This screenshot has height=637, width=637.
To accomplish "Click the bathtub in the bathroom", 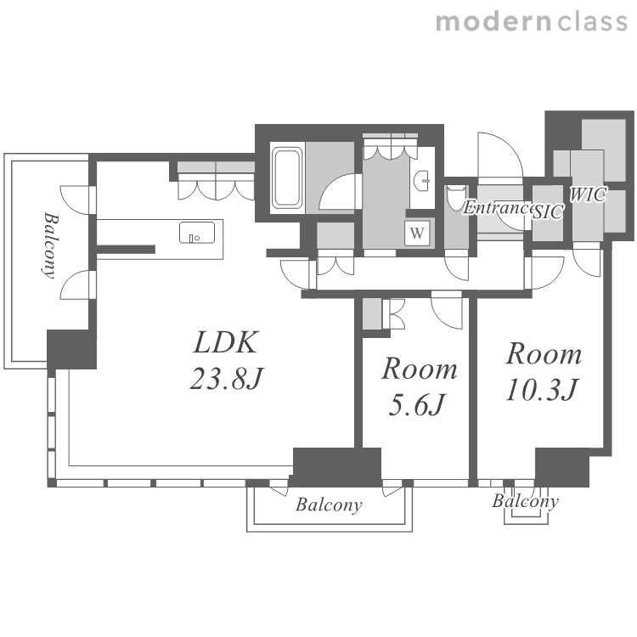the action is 287,178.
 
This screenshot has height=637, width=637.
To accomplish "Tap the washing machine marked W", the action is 416,234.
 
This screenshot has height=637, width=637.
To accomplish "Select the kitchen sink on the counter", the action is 197,233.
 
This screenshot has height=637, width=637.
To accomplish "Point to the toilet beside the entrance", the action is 456,198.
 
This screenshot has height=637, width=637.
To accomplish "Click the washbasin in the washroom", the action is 422,179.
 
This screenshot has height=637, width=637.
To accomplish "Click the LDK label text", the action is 225,342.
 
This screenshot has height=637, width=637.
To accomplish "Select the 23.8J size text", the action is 227,378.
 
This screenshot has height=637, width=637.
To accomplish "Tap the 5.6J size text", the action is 417,404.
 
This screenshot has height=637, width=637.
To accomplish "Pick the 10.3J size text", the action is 542,389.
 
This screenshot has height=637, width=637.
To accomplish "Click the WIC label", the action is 588,194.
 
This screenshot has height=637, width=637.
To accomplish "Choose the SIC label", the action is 549,211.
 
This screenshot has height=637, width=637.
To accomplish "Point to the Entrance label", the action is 498,207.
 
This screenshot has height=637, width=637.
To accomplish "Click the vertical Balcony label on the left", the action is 50,245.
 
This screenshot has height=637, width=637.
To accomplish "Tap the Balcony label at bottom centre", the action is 329,505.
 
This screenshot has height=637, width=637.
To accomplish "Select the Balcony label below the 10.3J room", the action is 525,501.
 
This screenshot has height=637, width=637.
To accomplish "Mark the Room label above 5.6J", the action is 419,369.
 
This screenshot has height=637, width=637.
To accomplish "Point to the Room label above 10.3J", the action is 544,354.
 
